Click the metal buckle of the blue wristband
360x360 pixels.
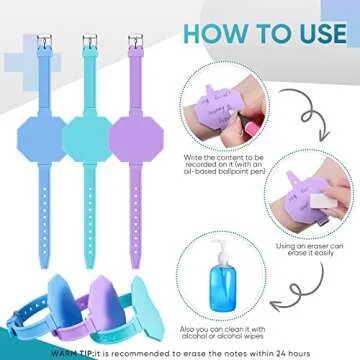[44, 43]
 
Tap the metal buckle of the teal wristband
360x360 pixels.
[89, 43]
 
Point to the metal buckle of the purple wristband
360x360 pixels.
[132, 43]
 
